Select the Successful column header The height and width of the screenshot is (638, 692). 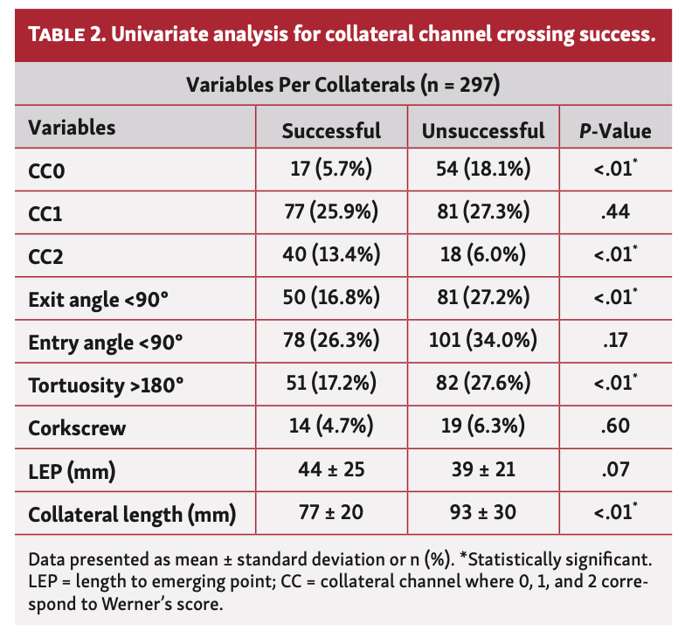click(x=331, y=130)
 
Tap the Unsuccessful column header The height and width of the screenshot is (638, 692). click(x=482, y=130)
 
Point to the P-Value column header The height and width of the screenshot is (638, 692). click(x=615, y=130)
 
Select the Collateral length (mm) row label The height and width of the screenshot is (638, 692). click(x=132, y=515)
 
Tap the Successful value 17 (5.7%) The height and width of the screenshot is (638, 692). click(x=331, y=170)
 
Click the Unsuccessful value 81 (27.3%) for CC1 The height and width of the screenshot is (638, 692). click(x=482, y=212)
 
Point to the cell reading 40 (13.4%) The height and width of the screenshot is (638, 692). click(x=331, y=255)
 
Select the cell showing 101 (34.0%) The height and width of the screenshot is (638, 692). click(x=482, y=342)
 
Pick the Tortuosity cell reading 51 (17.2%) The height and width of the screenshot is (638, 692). click(x=331, y=385)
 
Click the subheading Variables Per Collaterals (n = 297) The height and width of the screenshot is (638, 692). click(x=342, y=85)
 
